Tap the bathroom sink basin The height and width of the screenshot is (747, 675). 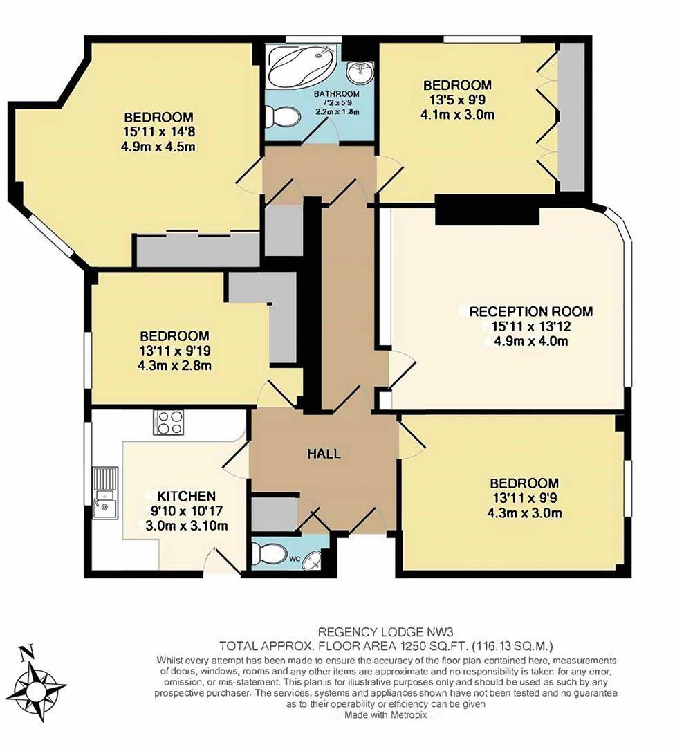coord(358,71)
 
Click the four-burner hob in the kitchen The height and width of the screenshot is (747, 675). coord(169,423)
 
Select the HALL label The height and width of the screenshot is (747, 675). coord(324,454)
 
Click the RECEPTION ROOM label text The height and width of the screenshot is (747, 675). coord(530,311)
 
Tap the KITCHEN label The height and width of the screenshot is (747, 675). coord(186,496)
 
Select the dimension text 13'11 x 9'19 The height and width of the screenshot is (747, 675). coord(174,351)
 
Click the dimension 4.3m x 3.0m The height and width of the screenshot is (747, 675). coord(524,513)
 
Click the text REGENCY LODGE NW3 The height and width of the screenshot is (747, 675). coord(376,632)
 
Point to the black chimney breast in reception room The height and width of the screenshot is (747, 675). coord(486,209)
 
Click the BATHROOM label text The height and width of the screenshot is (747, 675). coord(337,94)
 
